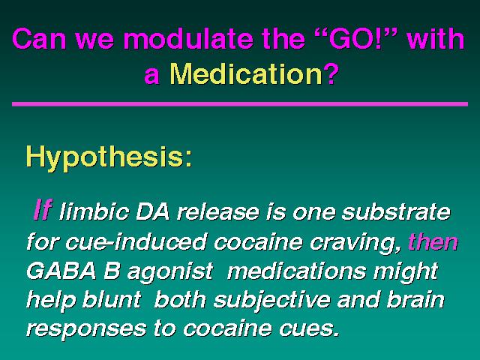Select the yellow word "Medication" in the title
click(246, 74)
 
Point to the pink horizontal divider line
click(240, 104)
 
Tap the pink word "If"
click(43, 210)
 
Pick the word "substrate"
click(396, 211)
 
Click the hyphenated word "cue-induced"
click(136, 241)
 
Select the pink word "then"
click(433, 241)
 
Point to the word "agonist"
click(170, 271)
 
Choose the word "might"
click(406, 271)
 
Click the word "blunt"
click(112, 298)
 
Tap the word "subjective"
click(271, 300)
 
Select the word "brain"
click(415, 298)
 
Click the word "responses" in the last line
click(86, 329)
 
